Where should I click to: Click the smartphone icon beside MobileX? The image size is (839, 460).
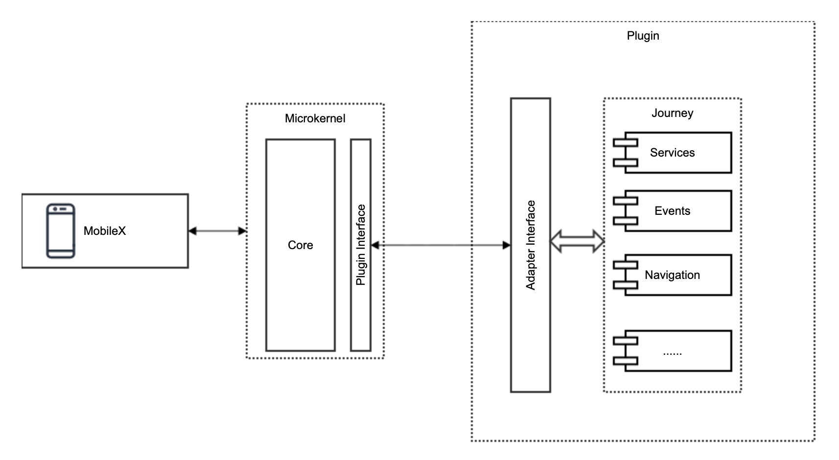click(61, 230)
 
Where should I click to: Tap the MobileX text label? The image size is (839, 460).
click(105, 231)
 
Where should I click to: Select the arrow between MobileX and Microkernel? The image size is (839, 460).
click(217, 231)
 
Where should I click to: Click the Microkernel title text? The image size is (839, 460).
click(315, 118)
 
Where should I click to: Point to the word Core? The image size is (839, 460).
click(300, 245)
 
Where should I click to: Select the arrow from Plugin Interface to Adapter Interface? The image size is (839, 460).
click(441, 245)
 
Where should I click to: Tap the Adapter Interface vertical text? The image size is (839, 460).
click(531, 245)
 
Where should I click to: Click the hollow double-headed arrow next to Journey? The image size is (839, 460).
click(577, 241)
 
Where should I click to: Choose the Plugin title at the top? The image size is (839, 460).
click(643, 36)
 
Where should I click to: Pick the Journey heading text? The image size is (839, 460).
click(672, 113)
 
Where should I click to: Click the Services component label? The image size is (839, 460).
click(672, 153)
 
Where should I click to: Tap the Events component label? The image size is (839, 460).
click(672, 211)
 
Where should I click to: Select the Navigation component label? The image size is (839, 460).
click(672, 275)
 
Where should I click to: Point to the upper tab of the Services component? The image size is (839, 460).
click(626, 142)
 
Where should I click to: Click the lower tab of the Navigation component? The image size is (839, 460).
click(626, 285)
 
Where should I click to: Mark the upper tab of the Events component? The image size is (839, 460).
click(626, 201)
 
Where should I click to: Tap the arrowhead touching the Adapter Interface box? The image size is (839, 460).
click(507, 245)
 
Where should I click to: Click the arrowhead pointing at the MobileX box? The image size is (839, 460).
click(192, 231)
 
